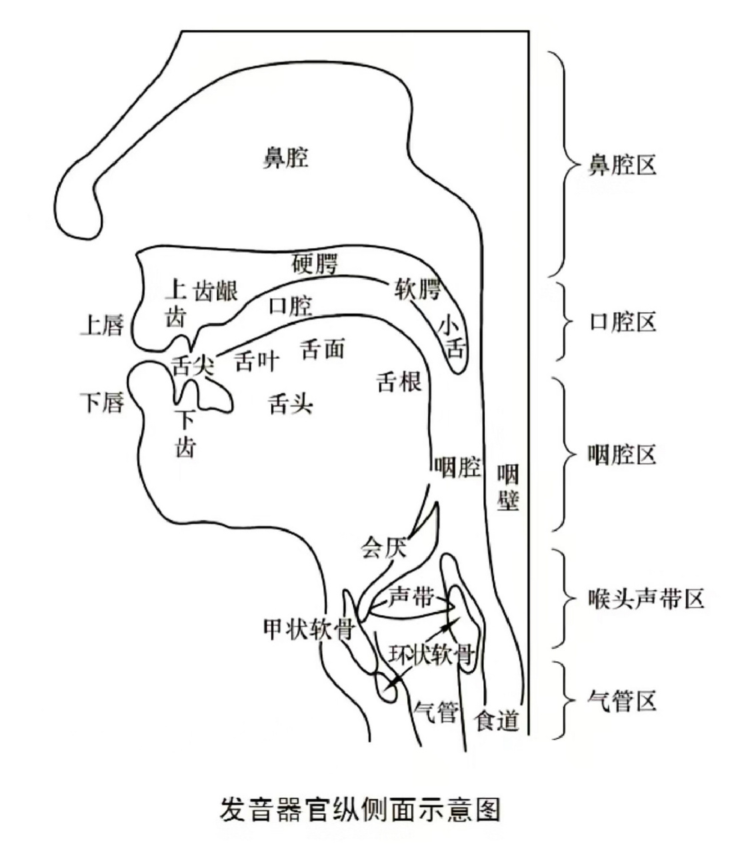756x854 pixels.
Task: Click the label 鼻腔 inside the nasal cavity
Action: [x=285, y=158]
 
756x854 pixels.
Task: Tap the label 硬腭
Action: [x=315, y=264]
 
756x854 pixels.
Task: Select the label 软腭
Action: [x=418, y=290]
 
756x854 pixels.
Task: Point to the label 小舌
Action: [x=451, y=338]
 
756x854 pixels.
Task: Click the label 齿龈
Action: [x=215, y=291]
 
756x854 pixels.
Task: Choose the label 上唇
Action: [x=102, y=325]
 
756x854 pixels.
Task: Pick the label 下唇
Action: [x=102, y=402]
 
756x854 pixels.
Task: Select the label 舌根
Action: [x=399, y=382]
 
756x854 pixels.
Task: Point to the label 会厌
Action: [x=383, y=548]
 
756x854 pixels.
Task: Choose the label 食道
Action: [x=496, y=720]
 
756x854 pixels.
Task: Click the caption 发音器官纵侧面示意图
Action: [x=359, y=809]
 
